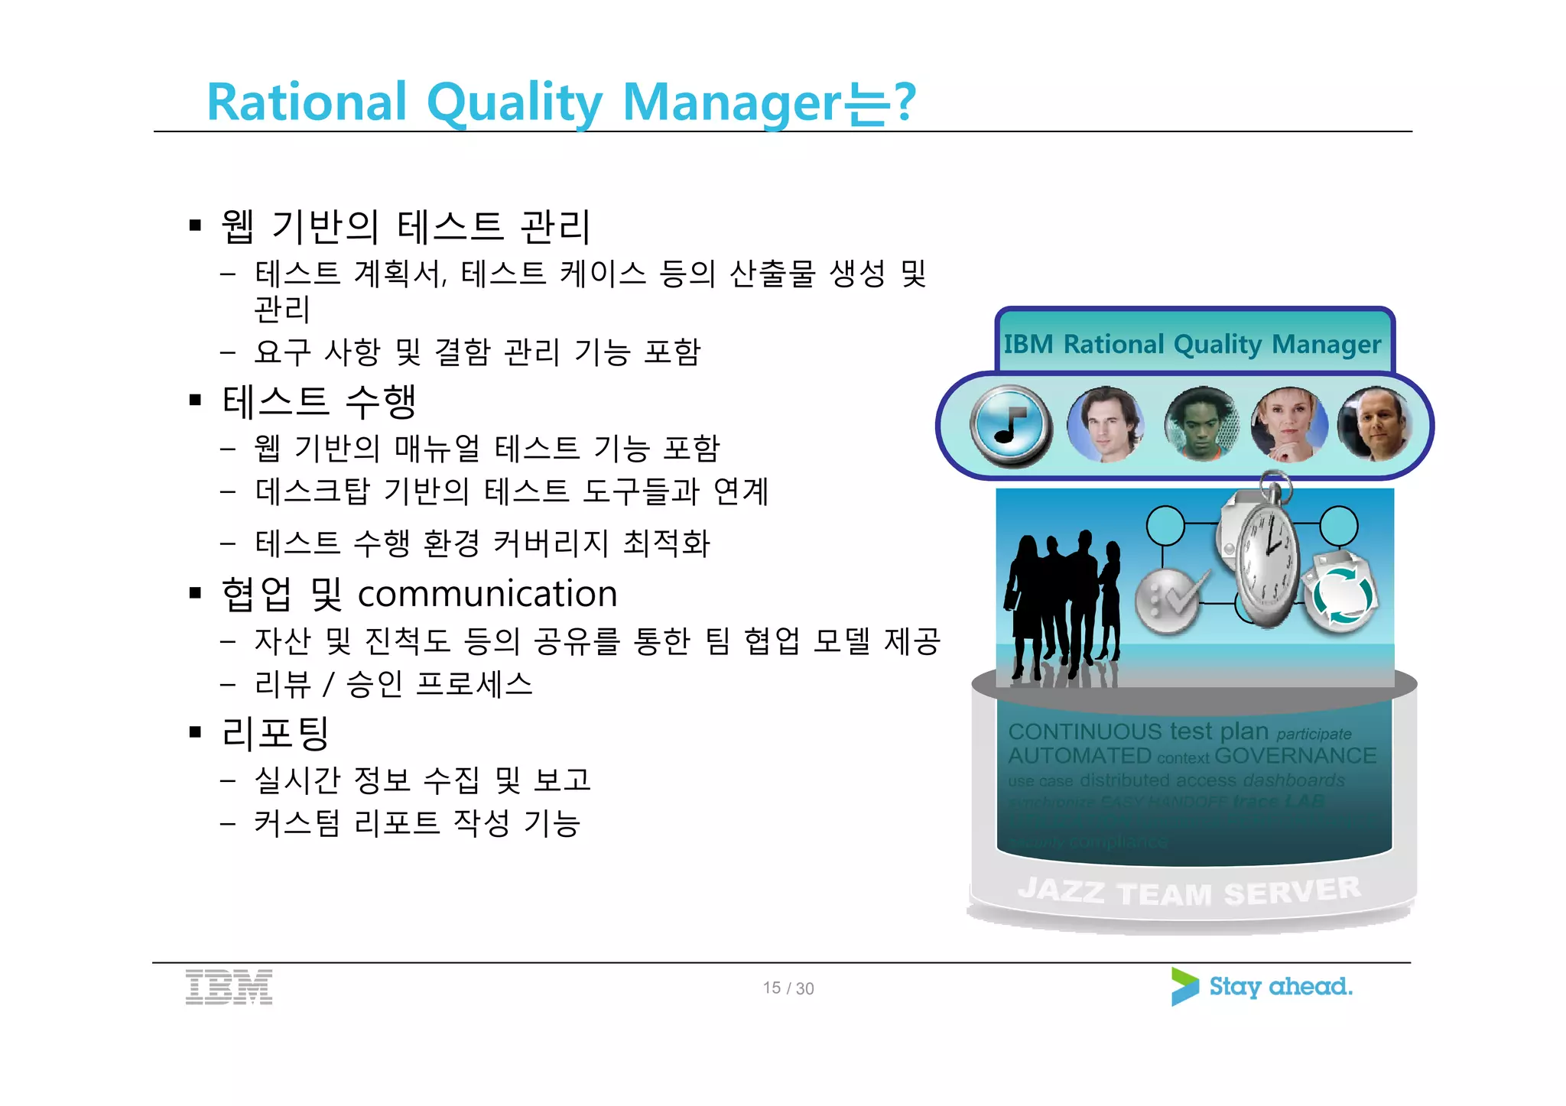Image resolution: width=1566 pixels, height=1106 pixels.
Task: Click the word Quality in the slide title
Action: coord(514,103)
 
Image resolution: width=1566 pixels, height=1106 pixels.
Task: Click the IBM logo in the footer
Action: coord(229,987)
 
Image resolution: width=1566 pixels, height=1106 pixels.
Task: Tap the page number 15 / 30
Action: coord(788,988)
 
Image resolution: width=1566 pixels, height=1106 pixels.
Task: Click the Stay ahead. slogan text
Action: coord(1280,987)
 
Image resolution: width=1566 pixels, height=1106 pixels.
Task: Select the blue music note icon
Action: coord(1010,426)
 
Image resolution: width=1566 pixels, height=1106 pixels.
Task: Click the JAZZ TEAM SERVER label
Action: coord(1189,891)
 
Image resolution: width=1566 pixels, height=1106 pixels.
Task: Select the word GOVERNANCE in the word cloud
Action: coord(1295,756)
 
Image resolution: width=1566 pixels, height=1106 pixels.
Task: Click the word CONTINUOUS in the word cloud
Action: coord(1084,731)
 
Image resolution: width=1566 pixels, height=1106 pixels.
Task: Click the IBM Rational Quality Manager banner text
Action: coord(1191,345)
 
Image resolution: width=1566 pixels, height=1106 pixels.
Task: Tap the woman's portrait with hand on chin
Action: coord(1288,424)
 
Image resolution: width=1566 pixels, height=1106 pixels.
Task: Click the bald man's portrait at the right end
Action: coord(1374,424)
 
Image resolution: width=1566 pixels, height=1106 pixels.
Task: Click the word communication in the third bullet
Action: coord(487,594)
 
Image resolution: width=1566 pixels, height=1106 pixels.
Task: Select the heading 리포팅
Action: coord(275,732)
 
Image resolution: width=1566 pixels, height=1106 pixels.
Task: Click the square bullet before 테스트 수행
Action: coord(196,400)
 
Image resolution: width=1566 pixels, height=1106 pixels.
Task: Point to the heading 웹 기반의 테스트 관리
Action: coord(405,227)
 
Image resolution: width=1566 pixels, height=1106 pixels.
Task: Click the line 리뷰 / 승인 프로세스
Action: coord(393,683)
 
